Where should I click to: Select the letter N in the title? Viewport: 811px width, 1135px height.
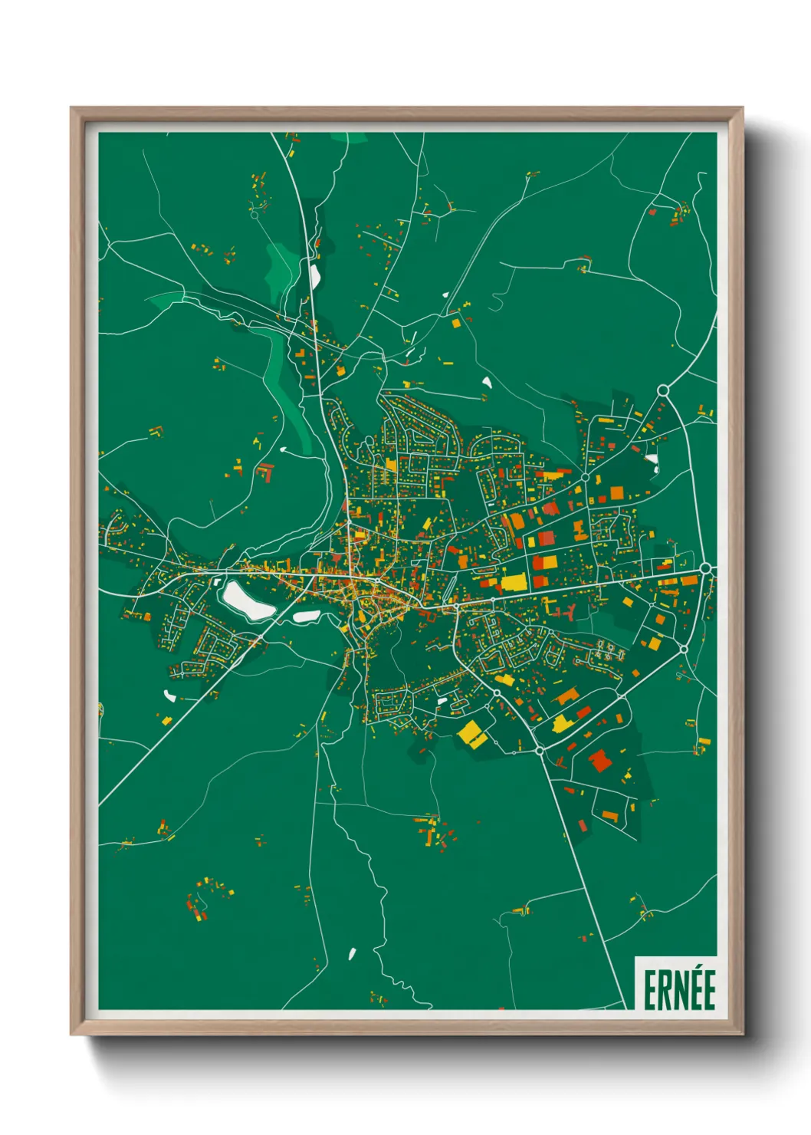pos(678,990)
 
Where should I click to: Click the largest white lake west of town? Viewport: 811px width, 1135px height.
pos(248,600)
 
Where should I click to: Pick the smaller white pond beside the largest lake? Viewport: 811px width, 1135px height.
pos(305,616)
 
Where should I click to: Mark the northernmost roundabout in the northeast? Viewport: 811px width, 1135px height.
pos(663,390)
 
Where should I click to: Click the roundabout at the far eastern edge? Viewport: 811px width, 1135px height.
pos(706,568)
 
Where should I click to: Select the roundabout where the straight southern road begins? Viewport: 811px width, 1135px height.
pos(540,749)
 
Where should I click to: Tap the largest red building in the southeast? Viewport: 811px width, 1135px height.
pos(599,760)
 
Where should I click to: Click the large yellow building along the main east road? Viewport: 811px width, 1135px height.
pos(514,582)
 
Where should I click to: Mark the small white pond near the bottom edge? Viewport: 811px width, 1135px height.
pos(353,954)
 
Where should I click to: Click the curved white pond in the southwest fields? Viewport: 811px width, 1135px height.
pos(169,696)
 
